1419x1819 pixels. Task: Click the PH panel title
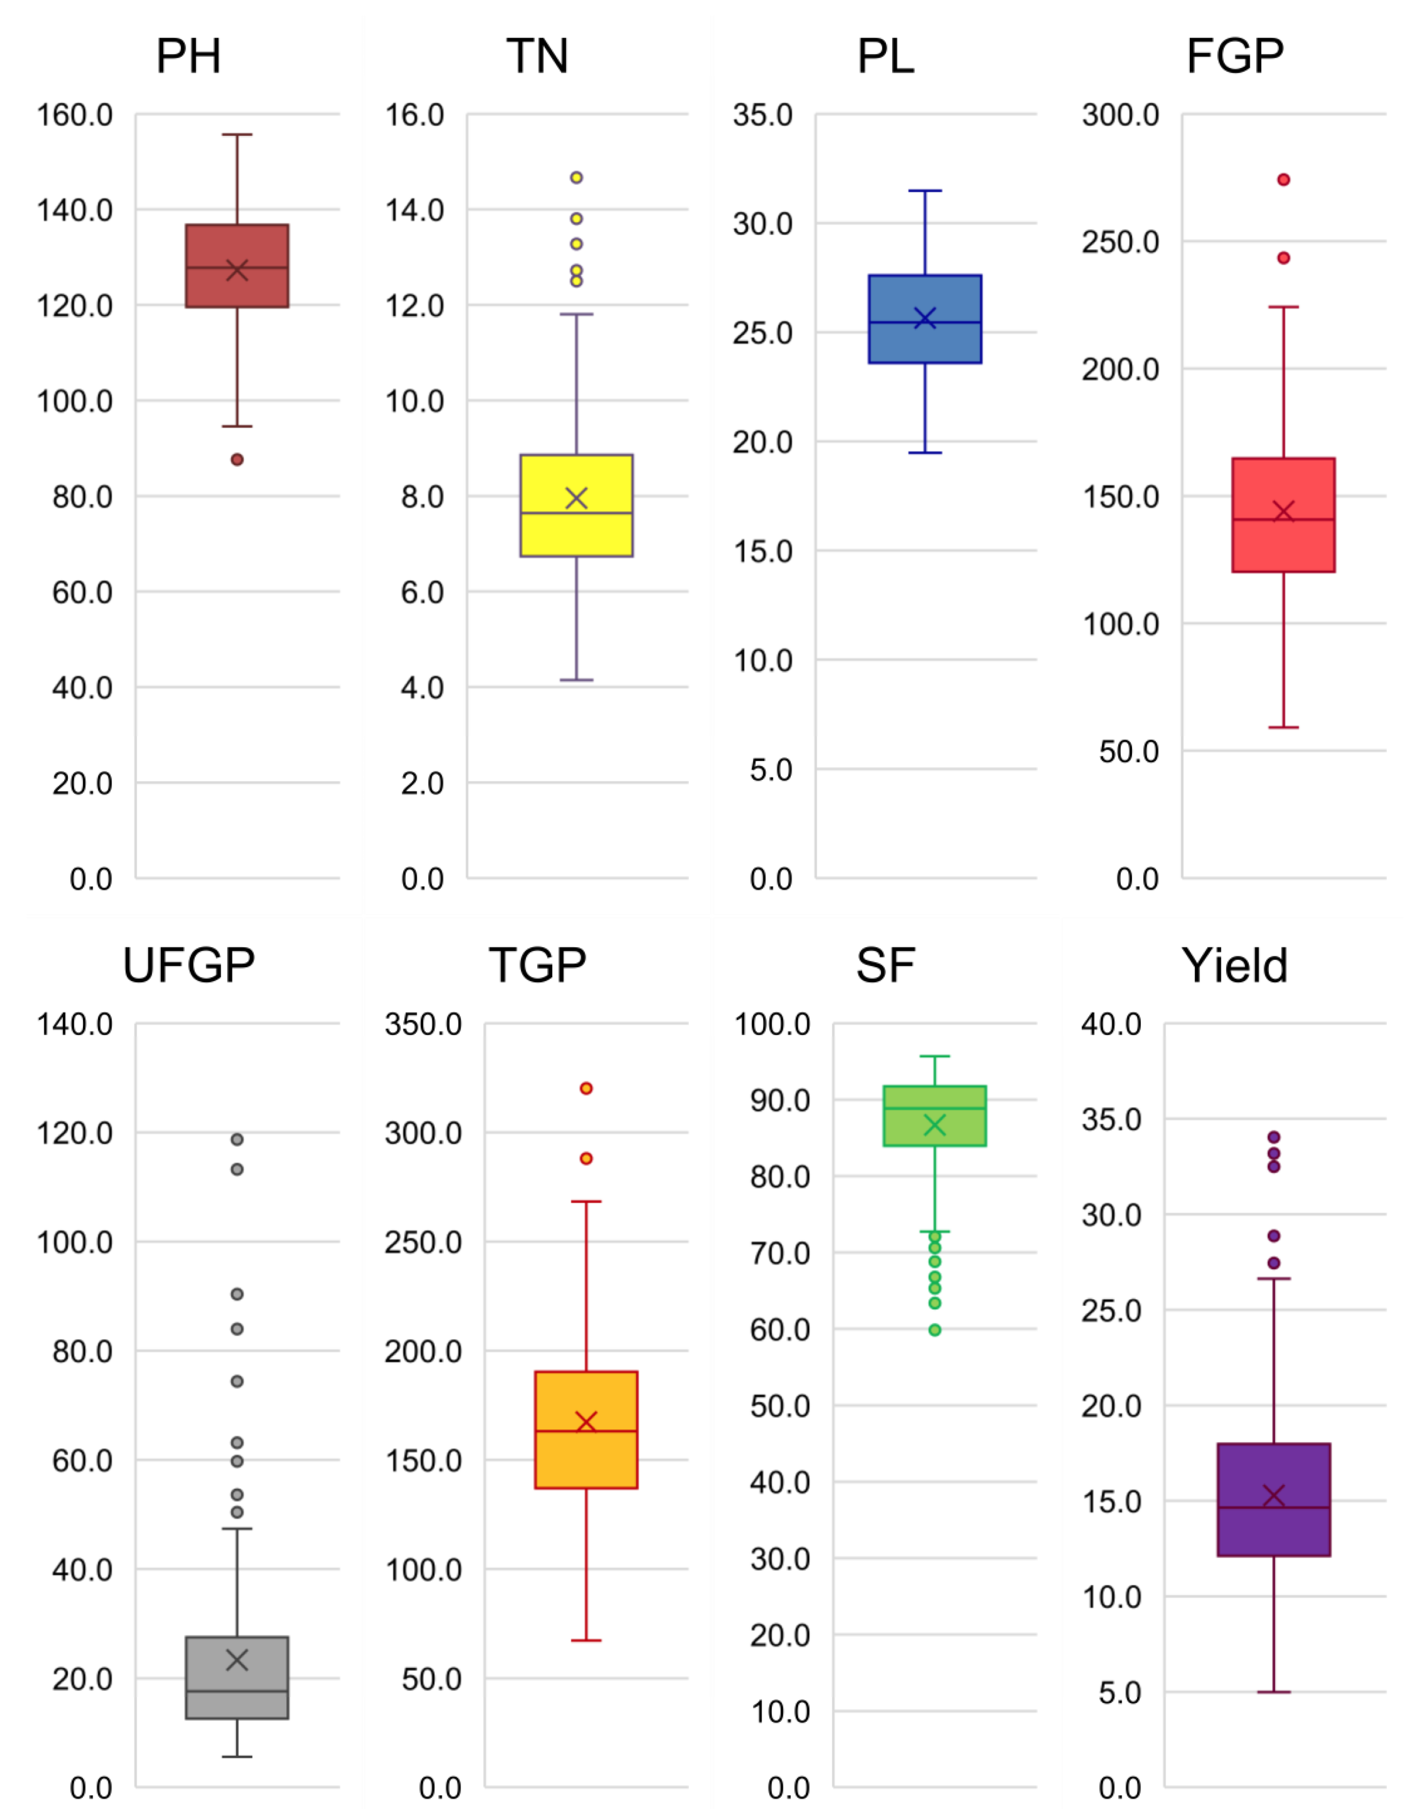tap(188, 57)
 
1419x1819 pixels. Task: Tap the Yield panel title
tap(1234, 966)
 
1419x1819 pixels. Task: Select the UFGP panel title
tap(188, 966)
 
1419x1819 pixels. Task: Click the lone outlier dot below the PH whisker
tap(237, 460)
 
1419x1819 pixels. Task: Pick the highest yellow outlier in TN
tap(576, 177)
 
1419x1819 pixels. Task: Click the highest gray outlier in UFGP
tap(237, 1139)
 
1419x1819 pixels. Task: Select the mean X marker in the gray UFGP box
tap(237, 1660)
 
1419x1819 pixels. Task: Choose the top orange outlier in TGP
tap(586, 1089)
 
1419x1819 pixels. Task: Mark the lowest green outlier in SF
tap(935, 1330)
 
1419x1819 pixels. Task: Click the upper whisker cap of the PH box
tap(237, 134)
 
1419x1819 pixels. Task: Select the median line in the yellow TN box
tap(576, 513)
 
